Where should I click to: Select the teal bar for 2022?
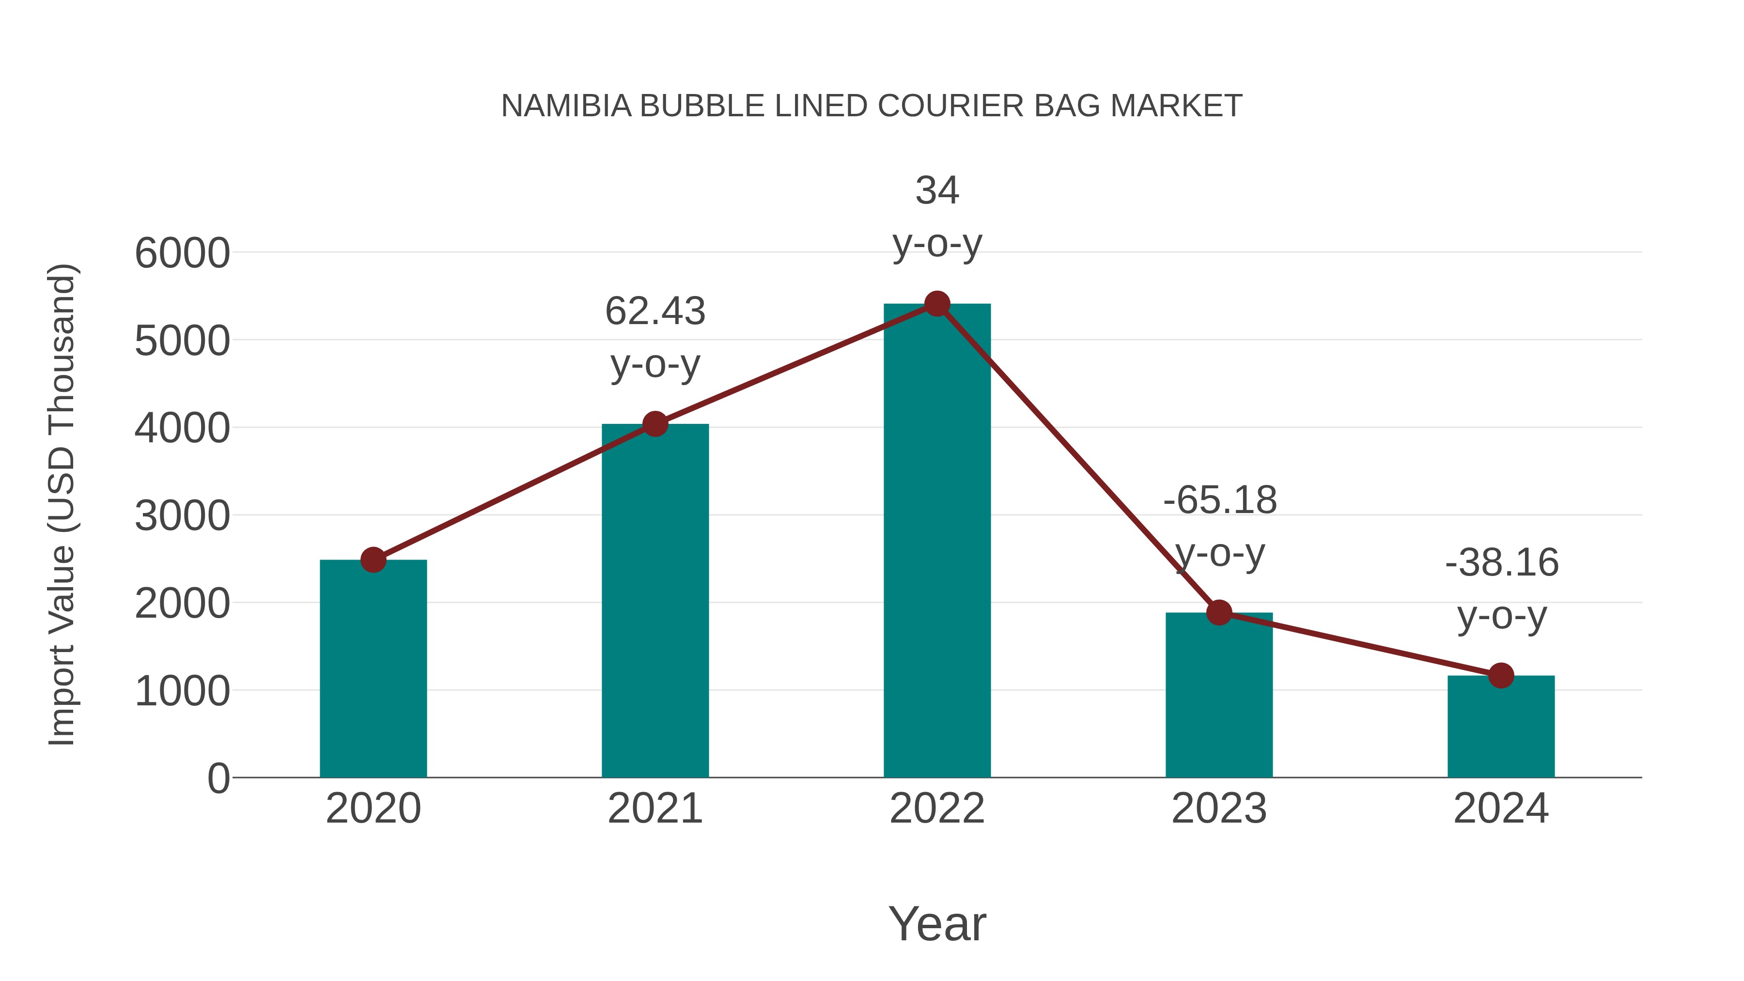[x=937, y=542]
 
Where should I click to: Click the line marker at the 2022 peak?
[x=937, y=304]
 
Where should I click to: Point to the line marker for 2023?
[x=1219, y=613]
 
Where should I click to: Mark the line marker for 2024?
[x=1501, y=676]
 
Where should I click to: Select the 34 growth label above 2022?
[x=937, y=190]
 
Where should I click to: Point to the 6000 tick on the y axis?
[x=182, y=254]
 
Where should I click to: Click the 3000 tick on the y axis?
[x=182, y=516]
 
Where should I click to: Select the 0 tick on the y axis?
[x=218, y=779]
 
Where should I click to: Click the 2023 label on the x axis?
[x=1219, y=809]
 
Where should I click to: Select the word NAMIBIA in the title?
[x=566, y=106]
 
